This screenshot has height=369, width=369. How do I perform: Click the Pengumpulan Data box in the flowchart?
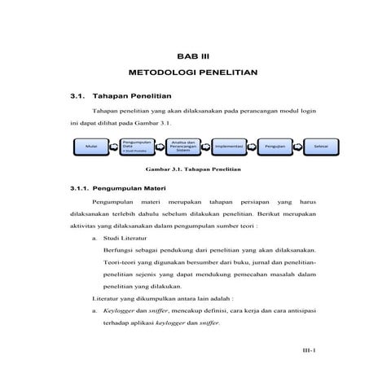pos(136,147)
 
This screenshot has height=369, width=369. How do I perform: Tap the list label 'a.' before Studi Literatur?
pos(95,238)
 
